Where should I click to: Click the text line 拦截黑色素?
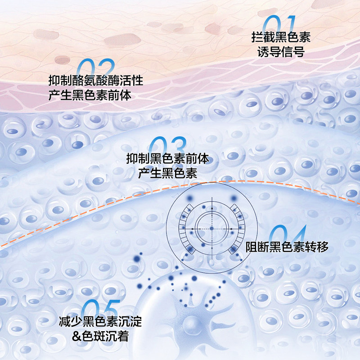[x=281, y=37]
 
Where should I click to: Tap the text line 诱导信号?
[x=281, y=52]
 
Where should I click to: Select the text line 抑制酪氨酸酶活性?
[x=95, y=81]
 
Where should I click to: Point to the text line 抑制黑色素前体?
[x=167, y=158]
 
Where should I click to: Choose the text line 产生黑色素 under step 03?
[x=167, y=173]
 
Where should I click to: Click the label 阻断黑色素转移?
[x=287, y=247]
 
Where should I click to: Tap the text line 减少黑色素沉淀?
[x=100, y=321]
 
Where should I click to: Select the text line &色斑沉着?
[x=100, y=336]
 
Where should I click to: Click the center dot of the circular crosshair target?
[x=211, y=229]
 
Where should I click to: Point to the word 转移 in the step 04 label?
[x=317, y=247]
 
